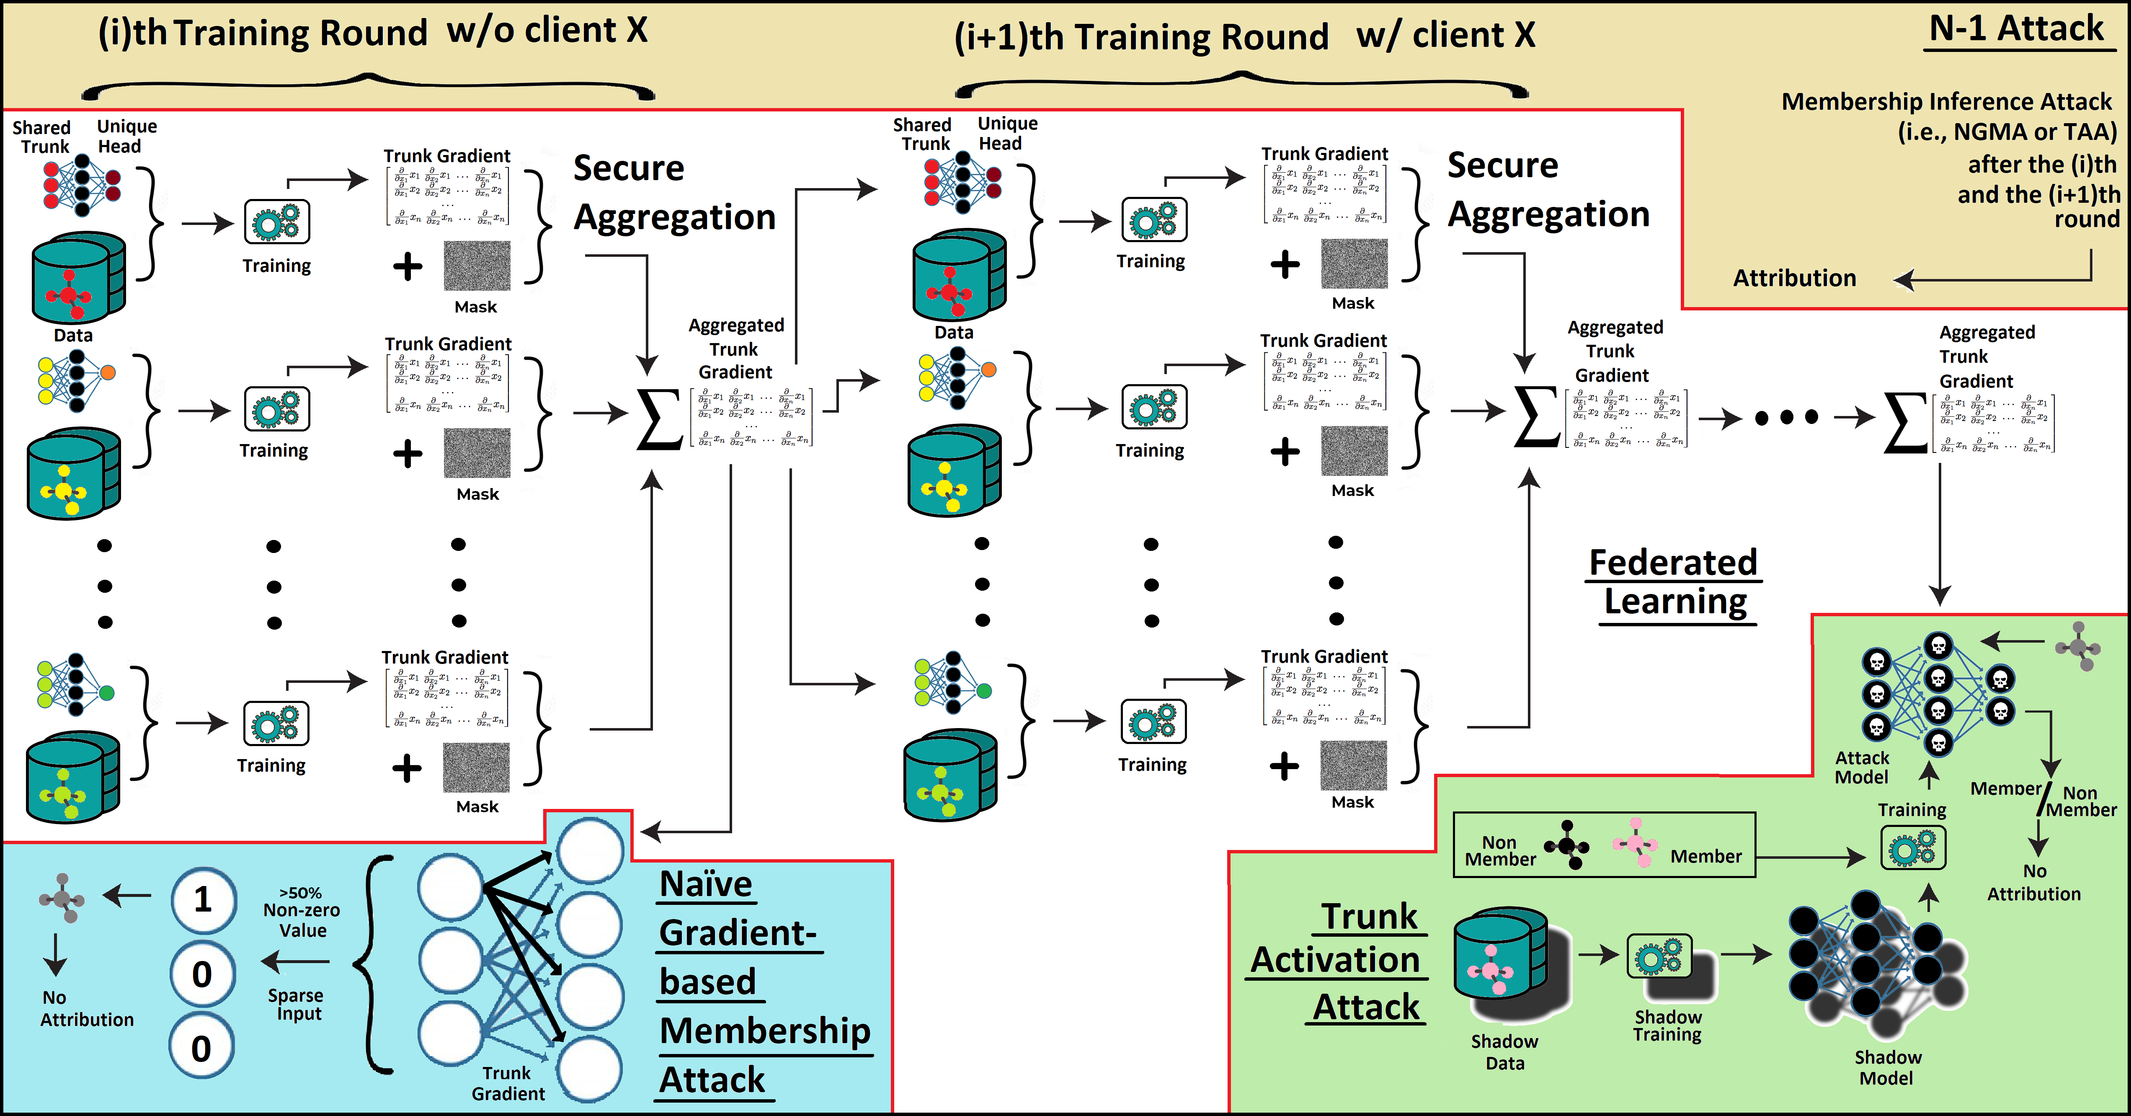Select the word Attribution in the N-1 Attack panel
click(x=1794, y=278)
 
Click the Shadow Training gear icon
click(x=1659, y=957)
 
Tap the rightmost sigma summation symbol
click(x=1905, y=422)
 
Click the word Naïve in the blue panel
click(x=706, y=883)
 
